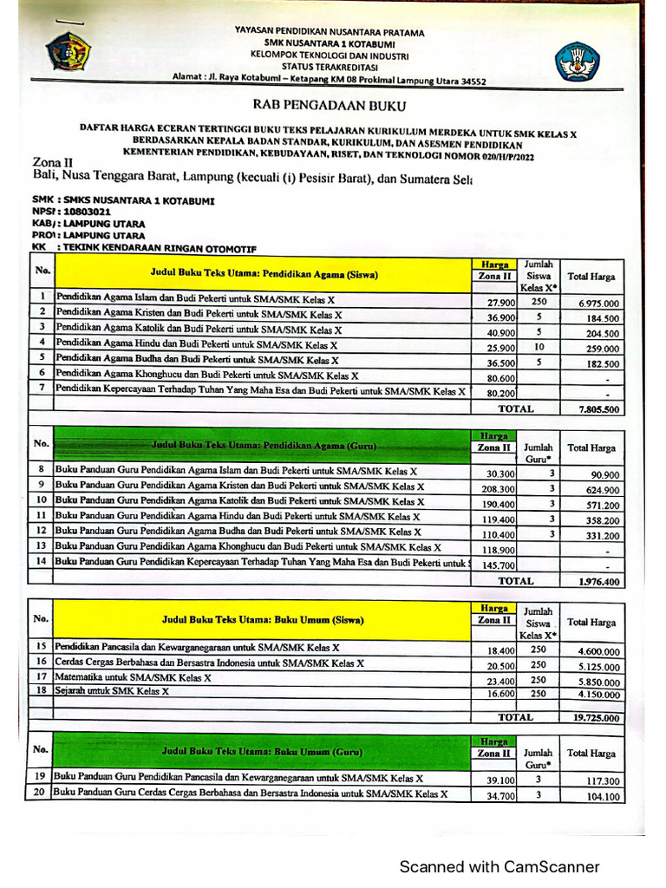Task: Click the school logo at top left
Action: (x=69, y=51)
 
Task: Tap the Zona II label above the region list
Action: (x=53, y=162)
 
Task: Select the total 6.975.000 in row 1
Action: (x=598, y=304)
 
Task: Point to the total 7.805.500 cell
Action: (x=598, y=409)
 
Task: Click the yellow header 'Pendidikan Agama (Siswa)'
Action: (x=264, y=275)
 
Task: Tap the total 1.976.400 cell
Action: (x=598, y=582)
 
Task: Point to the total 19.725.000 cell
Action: (x=596, y=718)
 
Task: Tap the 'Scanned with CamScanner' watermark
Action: (x=499, y=866)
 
